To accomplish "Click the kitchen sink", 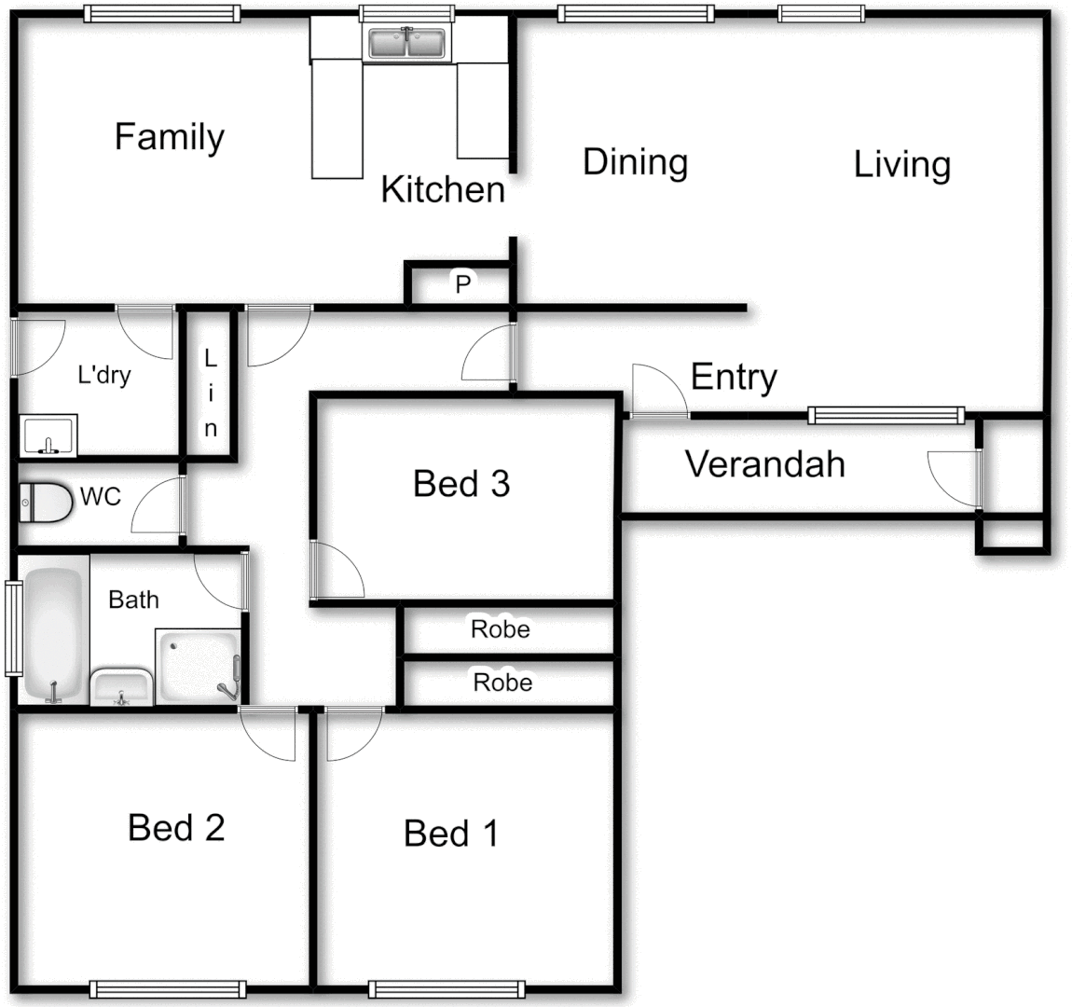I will [406, 44].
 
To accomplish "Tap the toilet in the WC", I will [46, 503].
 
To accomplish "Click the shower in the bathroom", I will [199, 666].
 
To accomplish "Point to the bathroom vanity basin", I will [121, 686].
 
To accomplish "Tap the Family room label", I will [169, 137].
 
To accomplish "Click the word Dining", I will [635, 162].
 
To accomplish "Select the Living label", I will [901, 165].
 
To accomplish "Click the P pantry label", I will [462, 284].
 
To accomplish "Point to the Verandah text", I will [765, 463].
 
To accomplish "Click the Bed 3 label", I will [461, 484].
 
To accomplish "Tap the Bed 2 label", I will [176, 827].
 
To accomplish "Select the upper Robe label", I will [501, 629].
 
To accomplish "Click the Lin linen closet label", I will [211, 393].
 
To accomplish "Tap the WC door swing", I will [158, 508].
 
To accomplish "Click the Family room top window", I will [161, 13].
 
